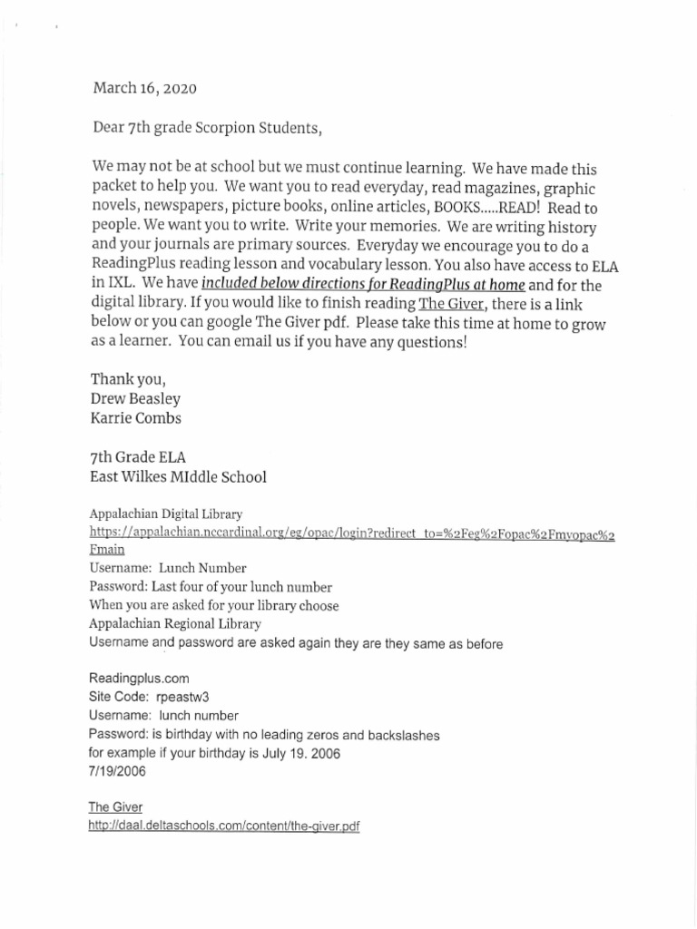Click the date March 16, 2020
click(x=143, y=89)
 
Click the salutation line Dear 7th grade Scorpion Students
click(x=207, y=128)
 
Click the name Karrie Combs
click(x=136, y=419)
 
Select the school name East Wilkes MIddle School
click(x=179, y=476)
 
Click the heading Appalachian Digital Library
click(x=165, y=513)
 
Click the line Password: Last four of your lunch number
click(x=211, y=587)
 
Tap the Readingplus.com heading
click(x=139, y=679)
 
